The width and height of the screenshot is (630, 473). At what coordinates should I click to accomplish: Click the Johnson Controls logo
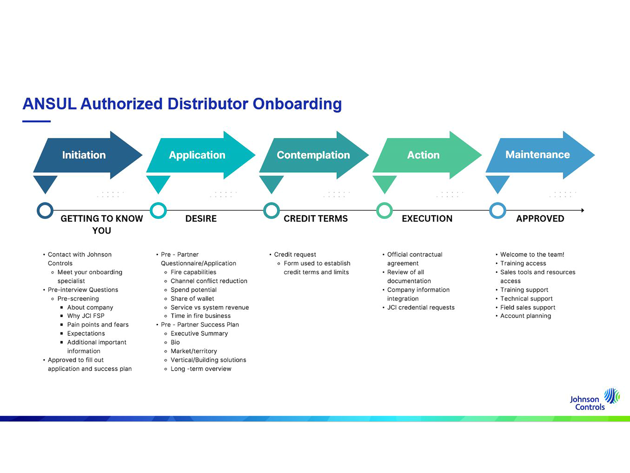click(594, 400)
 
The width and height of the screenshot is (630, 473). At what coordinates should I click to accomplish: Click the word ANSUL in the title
click(49, 104)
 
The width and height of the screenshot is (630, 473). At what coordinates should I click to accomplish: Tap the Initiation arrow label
click(84, 155)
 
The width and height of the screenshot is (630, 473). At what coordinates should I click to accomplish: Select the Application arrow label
click(197, 155)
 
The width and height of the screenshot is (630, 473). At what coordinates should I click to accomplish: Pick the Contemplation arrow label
click(313, 155)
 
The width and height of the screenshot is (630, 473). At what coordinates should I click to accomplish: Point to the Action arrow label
click(423, 155)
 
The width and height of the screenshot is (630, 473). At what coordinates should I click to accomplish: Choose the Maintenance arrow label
click(537, 155)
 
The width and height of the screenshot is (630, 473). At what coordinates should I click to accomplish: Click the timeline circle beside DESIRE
click(158, 210)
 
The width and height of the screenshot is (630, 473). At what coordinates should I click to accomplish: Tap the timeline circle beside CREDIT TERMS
click(271, 210)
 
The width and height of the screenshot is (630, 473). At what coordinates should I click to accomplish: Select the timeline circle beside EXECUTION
click(384, 210)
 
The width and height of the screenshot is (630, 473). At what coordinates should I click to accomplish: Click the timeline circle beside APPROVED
click(497, 210)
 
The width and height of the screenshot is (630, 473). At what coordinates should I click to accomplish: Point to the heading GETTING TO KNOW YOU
click(102, 224)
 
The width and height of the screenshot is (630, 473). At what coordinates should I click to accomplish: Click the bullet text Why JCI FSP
click(86, 316)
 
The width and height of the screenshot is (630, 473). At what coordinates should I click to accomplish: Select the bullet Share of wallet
click(192, 299)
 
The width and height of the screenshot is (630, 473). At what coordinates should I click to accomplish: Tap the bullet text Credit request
click(295, 255)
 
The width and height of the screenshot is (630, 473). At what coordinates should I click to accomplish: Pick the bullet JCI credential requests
click(421, 307)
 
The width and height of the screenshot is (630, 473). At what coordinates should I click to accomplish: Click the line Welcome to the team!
click(532, 255)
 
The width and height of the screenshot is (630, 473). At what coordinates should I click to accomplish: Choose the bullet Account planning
click(525, 316)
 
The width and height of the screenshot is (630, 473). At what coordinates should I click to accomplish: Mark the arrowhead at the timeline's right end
click(582, 210)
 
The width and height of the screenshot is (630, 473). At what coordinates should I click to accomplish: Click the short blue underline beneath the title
click(37, 121)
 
